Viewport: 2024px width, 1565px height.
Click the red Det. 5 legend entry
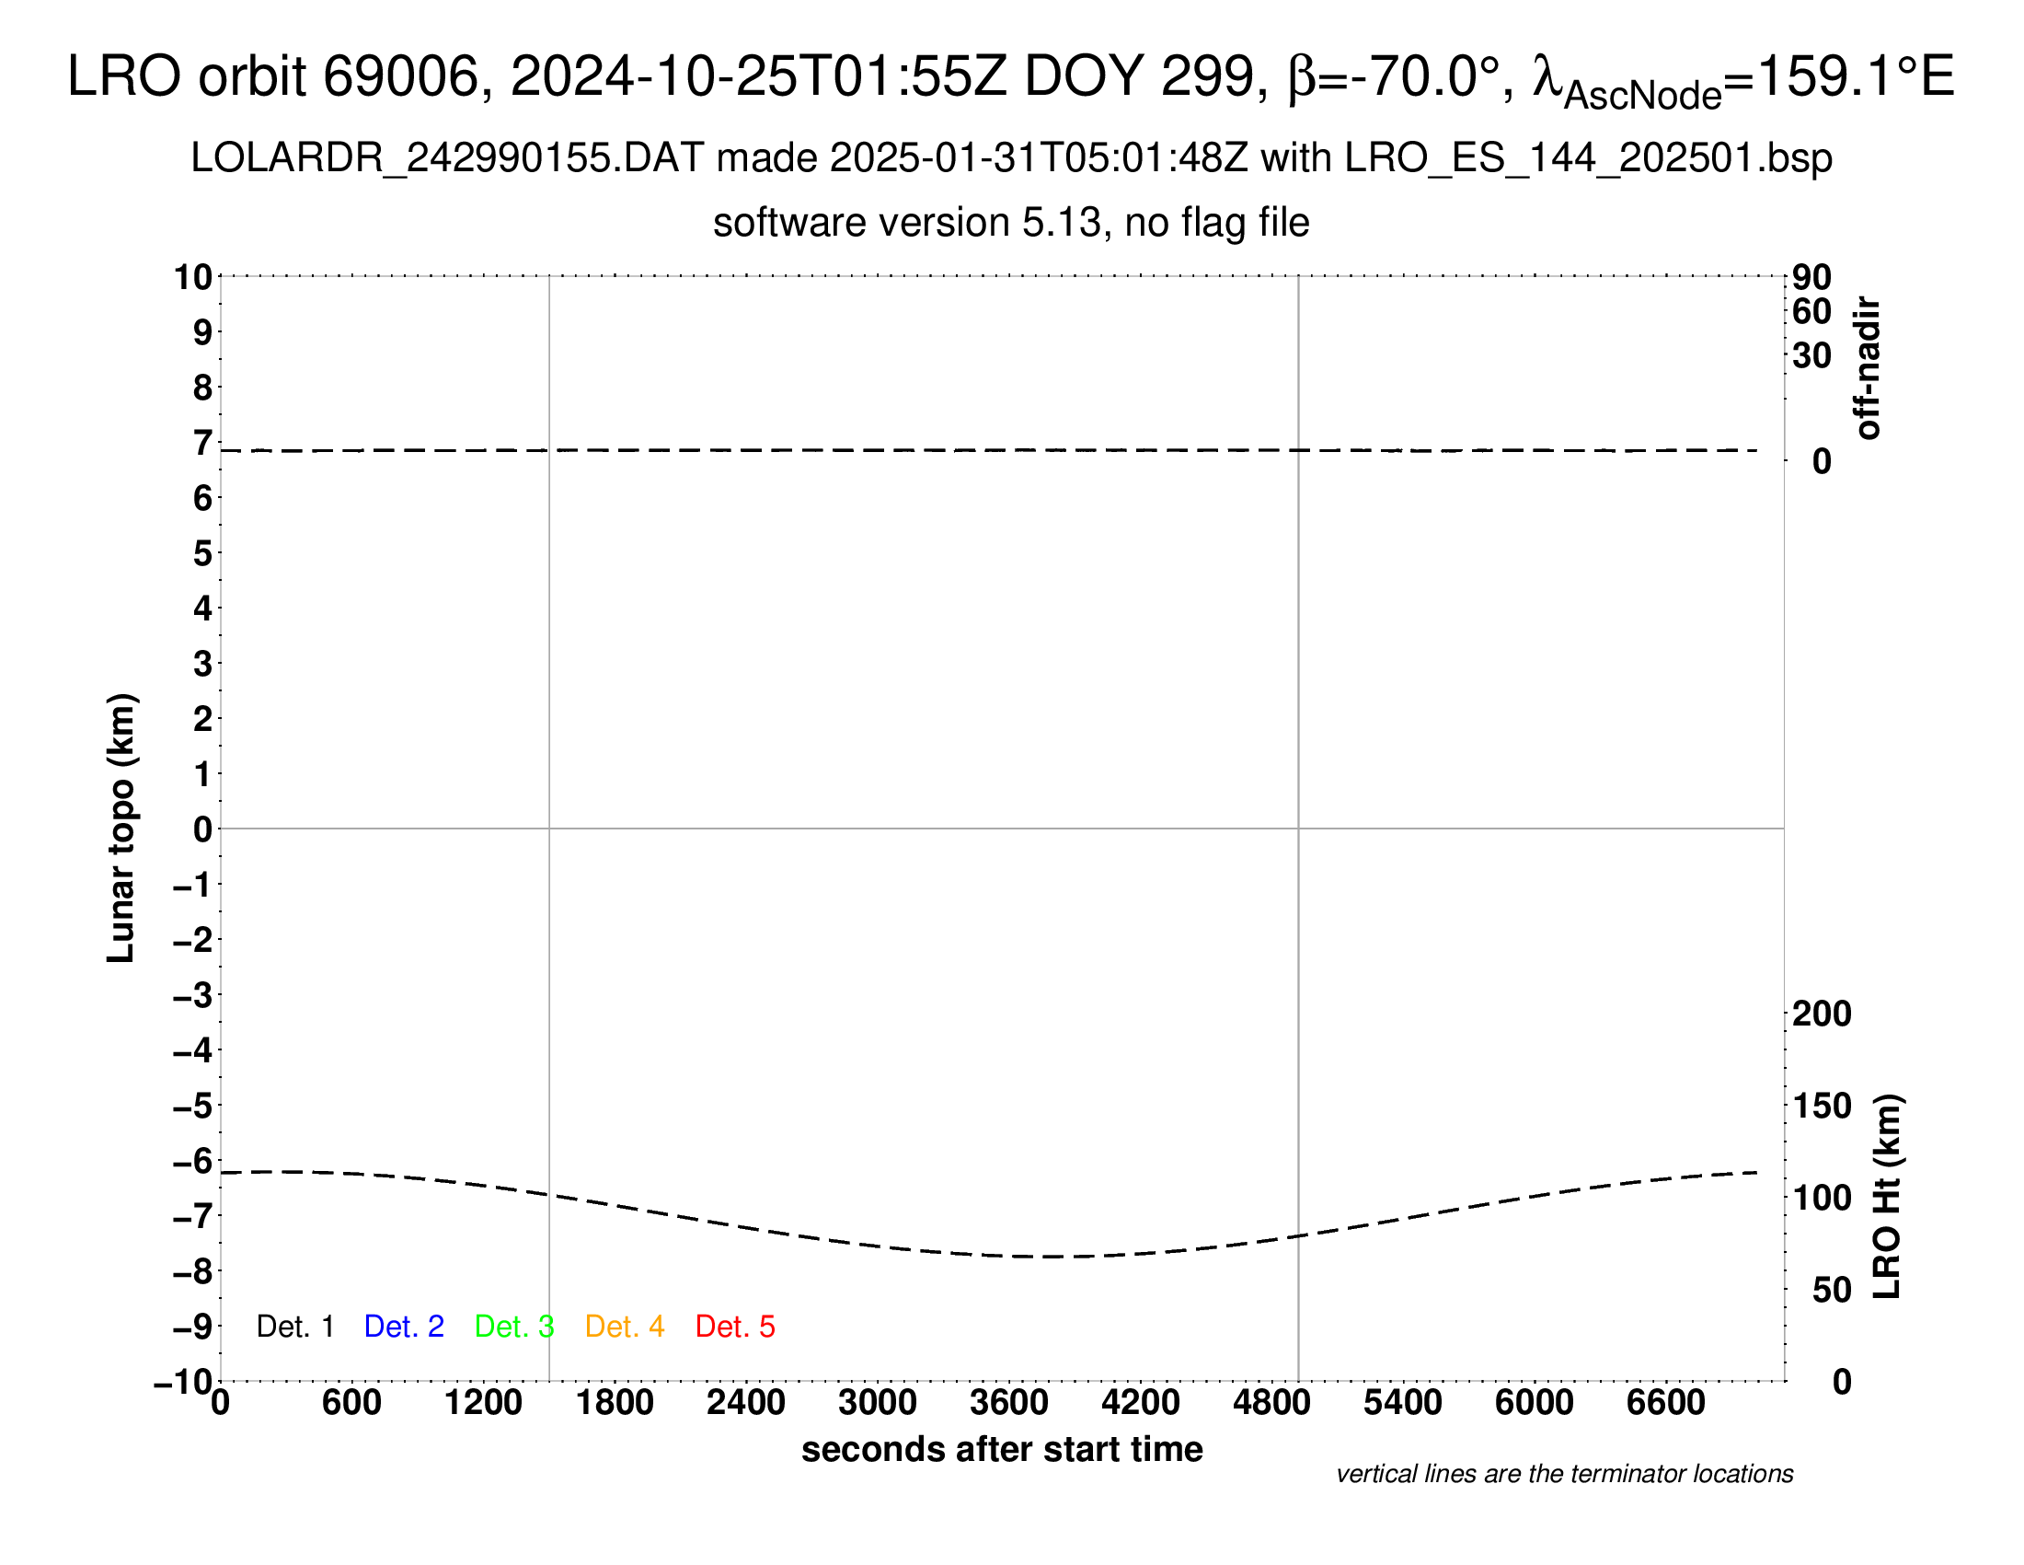point(735,1327)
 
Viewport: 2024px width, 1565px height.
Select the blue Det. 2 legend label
point(404,1327)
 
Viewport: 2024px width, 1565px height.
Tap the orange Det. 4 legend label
point(625,1327)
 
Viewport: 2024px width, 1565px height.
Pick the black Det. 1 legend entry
point(294,1327)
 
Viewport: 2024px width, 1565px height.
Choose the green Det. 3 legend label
point(514,1327)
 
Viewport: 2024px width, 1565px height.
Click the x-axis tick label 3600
point(1009,1403)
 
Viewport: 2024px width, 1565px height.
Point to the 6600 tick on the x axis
point(1666,1403)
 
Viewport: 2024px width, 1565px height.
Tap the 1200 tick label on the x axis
point(483,1403)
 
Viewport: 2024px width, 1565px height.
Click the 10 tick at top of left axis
point(194,276)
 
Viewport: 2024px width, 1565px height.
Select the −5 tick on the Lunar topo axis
point(193,1106)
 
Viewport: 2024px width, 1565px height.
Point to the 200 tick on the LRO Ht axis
point(1822,1014)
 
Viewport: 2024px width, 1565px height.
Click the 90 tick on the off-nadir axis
point(1811,277)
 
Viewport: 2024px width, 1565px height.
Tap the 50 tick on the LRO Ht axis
point(1831,1290)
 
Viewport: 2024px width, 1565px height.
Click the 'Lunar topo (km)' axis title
point(121,828)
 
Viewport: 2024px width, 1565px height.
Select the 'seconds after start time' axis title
point(1002,1449)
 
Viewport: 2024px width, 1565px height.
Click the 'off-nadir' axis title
point(1869,368)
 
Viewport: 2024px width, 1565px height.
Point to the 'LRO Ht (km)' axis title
point(1887,1197)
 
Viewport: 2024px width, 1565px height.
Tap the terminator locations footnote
point(1564,1474)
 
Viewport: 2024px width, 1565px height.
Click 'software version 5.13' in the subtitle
point(907,223)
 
